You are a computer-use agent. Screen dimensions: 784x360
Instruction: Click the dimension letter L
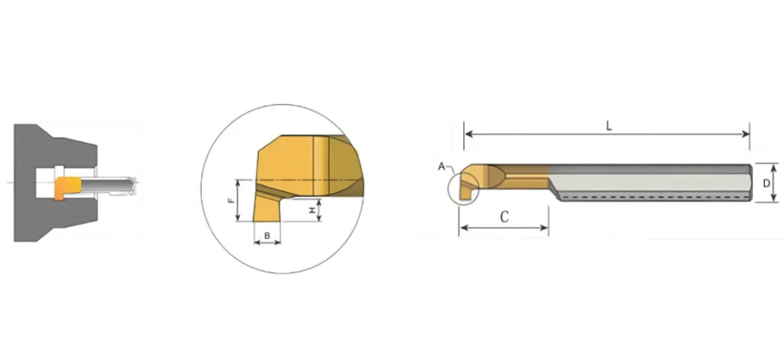tap(609, 126)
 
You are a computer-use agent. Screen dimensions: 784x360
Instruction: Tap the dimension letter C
tap(504, 217)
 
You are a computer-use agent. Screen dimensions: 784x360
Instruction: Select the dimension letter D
tap(766, 183)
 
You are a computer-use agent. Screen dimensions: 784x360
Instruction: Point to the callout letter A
tap(442, 167)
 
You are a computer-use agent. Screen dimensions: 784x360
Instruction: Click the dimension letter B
tap(267, 236)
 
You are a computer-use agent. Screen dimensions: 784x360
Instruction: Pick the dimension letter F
tap(231, 201)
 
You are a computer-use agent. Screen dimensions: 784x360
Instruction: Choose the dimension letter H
tap(312, 210)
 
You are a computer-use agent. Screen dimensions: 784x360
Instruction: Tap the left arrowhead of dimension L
tap(468, 134)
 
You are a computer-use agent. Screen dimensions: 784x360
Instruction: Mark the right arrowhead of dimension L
tap(745, 134)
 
